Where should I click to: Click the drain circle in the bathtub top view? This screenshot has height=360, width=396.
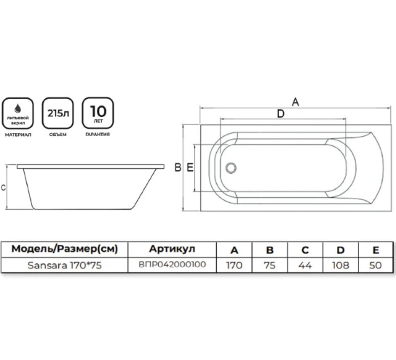click(231, 168)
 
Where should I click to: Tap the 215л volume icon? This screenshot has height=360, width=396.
click(58, 113)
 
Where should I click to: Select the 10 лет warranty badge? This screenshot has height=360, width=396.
click(98, 113)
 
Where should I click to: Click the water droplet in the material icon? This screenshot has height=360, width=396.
click(17, 108)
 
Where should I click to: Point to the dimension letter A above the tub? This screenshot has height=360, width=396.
click(296, 102)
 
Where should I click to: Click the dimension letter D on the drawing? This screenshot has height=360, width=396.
click(280, 113)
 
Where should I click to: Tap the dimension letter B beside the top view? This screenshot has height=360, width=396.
click(178, 167)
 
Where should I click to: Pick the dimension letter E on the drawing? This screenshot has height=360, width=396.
click(190, 167)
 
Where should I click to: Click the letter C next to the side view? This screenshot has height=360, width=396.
click(4, 188)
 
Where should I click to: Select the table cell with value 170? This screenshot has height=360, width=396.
click(234, 265)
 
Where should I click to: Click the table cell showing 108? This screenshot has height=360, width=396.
click(341, 265)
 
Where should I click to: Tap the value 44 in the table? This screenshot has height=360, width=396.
click(305, 265)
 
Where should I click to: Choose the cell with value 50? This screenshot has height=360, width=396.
click(376, 265)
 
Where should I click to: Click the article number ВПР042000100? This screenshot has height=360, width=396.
click(173, 265)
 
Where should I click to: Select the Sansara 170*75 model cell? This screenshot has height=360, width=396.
click(65, 265)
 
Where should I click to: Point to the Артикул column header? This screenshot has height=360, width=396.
click(173, 249)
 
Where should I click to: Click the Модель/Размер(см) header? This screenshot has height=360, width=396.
click(65, 249)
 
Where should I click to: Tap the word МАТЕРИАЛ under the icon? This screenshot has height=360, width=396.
click(18, 135)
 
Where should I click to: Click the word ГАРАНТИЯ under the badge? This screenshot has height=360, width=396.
click(98, 135)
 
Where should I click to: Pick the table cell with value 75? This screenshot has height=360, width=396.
click(270, 265)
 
